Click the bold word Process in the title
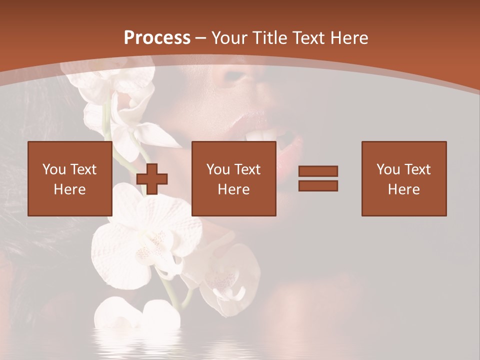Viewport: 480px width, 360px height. [x=157, y=38]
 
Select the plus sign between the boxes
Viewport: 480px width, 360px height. [x=152, y=179]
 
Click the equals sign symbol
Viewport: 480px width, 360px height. [x=318, y=178]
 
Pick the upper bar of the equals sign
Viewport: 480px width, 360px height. [x=318, y=171]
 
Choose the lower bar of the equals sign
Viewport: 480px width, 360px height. [x=318, y=185]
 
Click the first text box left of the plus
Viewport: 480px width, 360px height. [x=69, y=178]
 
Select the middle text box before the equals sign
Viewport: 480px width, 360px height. [x=233, y=178]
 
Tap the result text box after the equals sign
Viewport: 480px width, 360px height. [x=403, y=178]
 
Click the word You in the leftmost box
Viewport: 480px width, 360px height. [x=53, y=169]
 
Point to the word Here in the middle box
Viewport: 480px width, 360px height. [x=233, y=189]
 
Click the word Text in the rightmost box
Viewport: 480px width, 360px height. [x=417, y=169]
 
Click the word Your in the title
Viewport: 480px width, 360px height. [x=227, y=38]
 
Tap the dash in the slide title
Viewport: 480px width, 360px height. [x=200, y=38]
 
